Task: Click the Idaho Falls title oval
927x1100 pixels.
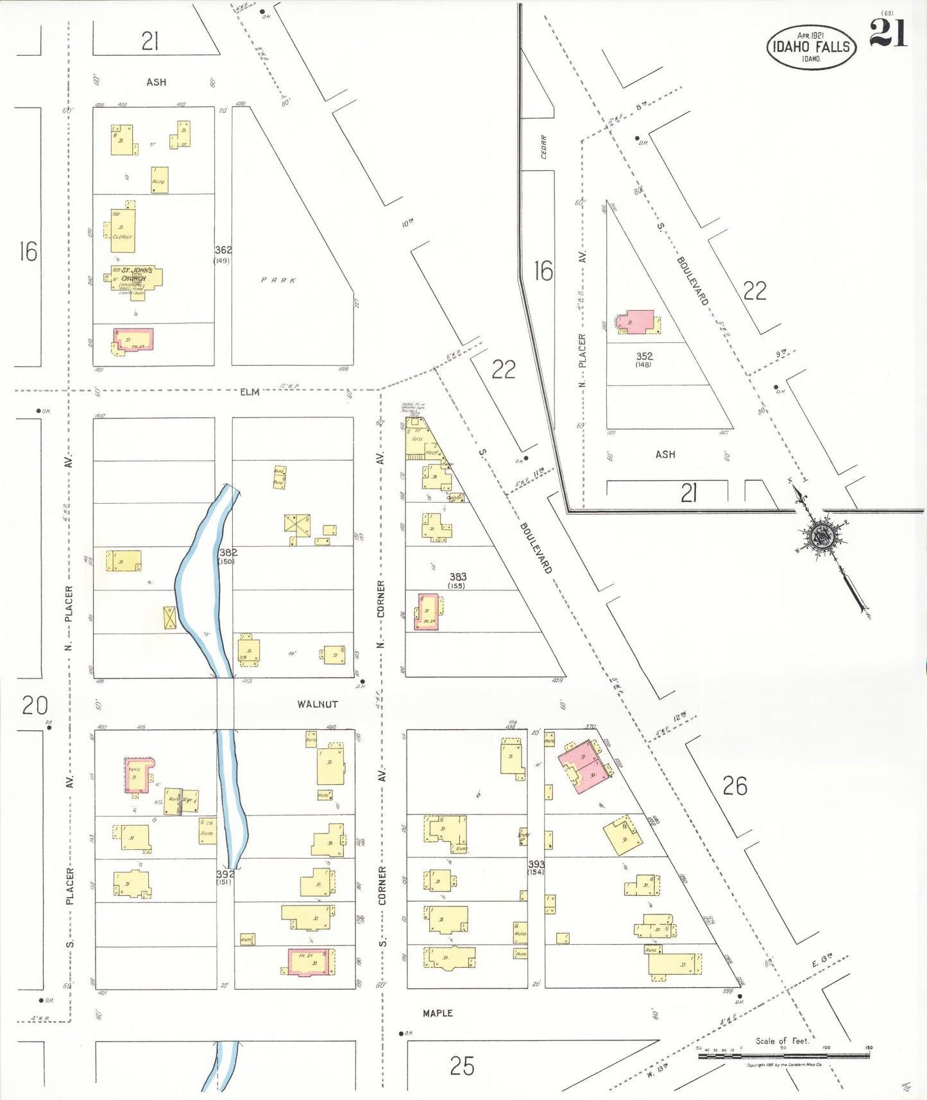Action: tap(811, 46)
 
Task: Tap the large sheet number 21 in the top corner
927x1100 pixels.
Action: tap(888, 33)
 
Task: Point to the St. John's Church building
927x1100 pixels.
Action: tap(136, 280)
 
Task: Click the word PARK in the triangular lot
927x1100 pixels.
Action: tap(279, 280)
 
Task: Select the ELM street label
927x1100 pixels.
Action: tap(250, 391)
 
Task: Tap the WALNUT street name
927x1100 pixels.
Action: tap(317, 704)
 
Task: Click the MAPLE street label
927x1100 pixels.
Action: tap(438, 1013)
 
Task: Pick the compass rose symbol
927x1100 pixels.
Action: tap(822, 536)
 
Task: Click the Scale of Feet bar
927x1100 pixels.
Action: tap(783, 1054)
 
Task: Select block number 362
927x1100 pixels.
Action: tap(223, 250)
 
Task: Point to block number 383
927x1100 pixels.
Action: tap(457, 577)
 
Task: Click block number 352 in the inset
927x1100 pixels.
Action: tap(644, 356)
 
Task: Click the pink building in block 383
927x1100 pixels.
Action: tap(427, 612)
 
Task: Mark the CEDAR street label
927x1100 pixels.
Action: tap(544, 147)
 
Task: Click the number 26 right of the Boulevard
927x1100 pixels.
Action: tap(735, 786)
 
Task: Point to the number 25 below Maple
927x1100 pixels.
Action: tap(462, 1066)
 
